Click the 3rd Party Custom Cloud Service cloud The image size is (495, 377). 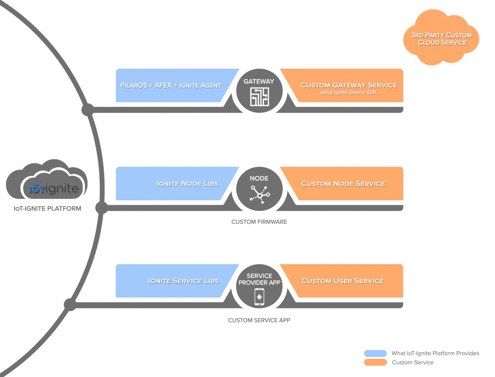tap(441, 39)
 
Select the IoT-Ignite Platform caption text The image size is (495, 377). tap(47, 208)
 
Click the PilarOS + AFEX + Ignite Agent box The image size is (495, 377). tap(171, 85)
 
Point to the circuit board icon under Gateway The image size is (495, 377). tap(259, 97)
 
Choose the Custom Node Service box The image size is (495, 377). tap(343, 183)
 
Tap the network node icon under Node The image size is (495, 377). tap(259, 194)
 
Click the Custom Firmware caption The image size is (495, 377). tap(259, 222)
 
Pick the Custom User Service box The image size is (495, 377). tap(343, 281)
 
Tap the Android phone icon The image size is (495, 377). tap(259, 296)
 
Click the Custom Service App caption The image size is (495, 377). tap(259, 320)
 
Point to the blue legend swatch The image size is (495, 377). tap(375, 353)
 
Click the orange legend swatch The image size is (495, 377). tap(375, 362)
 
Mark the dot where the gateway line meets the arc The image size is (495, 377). tap(88, 110)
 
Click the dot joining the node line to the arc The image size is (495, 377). tap(102, 208)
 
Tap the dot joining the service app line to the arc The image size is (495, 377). tap(70, 305)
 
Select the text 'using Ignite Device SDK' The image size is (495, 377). tap(349, 93)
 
